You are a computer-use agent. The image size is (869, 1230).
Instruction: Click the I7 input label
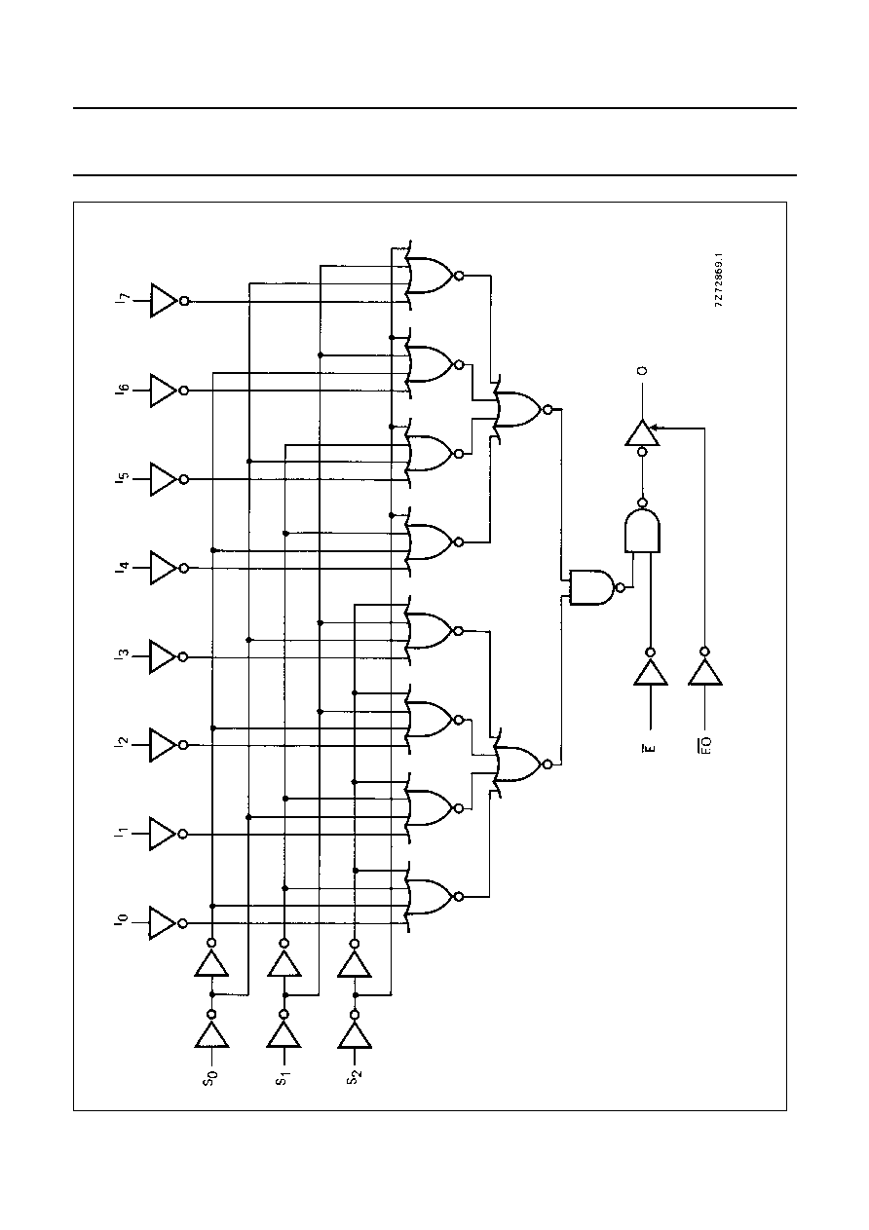tap(123, 299)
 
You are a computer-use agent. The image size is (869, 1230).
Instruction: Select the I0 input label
tap(122, 922)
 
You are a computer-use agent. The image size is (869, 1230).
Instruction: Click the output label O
tap(643, 371)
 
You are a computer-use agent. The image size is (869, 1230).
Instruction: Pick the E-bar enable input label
tap(649, 747)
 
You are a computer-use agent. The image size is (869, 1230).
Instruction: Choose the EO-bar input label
tap(705, 745)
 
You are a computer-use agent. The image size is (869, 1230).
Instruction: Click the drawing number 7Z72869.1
tap(720, 280)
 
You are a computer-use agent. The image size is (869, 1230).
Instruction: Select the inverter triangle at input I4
tap(163, 568)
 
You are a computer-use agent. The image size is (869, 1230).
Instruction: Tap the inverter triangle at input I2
tap(163, 745)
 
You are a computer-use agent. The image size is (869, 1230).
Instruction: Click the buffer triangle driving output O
tap(642, 433)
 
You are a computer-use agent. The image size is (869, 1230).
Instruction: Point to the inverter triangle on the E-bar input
tap(651, 672)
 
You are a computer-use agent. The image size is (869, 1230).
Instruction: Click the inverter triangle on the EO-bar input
tap(705, 672)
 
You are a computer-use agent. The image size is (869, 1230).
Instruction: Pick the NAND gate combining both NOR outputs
tap(592, 587)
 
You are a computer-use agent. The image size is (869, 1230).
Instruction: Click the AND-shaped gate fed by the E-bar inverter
tap(642, 531)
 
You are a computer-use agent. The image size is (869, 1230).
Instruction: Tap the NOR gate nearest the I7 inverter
tap(431, 275)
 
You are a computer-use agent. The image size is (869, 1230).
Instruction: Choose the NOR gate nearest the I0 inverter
tap(431, 897)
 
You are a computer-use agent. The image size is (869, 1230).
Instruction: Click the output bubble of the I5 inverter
tap(184, 479)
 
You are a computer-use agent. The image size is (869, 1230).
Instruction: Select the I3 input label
tap(123, 655)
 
